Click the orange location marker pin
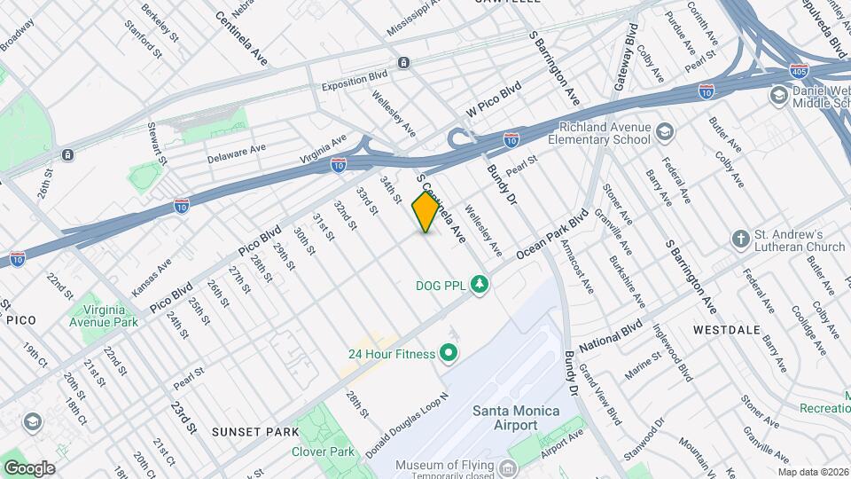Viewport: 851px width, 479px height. tap(425, 211)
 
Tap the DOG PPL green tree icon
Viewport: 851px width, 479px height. tap(480, 284)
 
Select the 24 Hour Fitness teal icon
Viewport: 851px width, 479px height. tap(448, 354)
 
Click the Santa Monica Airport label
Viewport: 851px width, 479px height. tap(504, 418)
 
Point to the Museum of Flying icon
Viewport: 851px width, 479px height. tap(508, 467)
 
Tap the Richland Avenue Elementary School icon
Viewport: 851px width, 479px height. tap(664, 133)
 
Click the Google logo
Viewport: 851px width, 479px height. tap(29, 467)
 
